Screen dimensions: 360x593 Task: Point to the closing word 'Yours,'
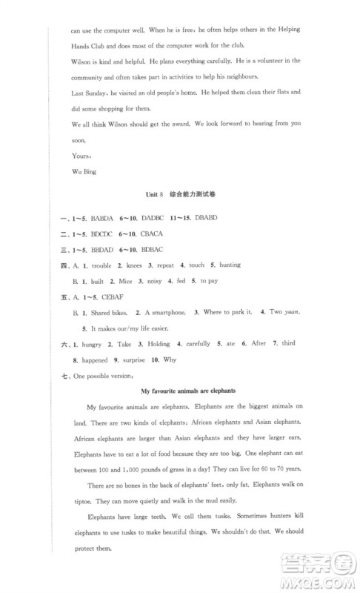[81, 156]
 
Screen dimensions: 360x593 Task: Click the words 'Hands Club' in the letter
[91, 44]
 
